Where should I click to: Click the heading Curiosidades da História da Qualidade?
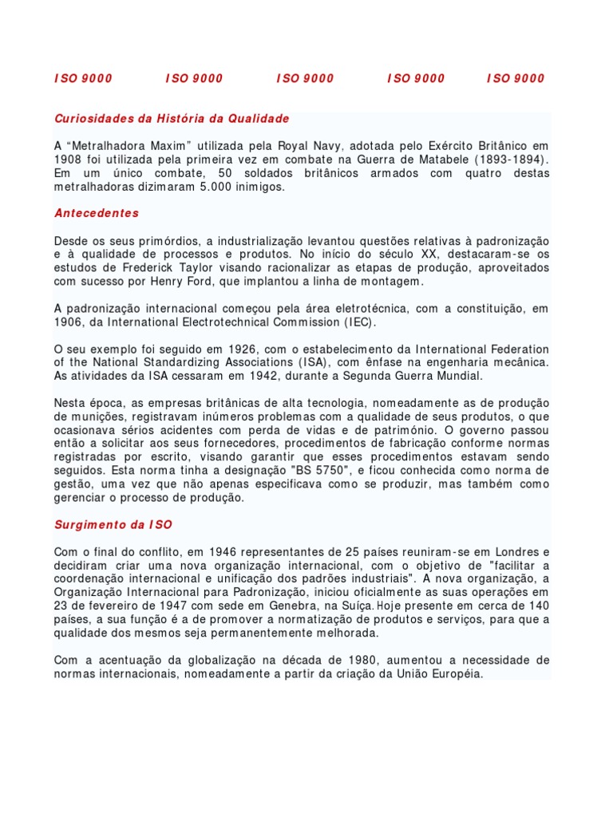pyautogui.click(x=172, y=119)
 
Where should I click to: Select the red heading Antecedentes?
pyautogui.click(x=97, y=213)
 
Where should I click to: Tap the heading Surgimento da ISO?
pyautogui.click(x=113, y=525)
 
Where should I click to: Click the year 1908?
pyautogui.click(x=69, y=160)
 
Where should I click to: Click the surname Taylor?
pyautogui.click(x=217, y=268)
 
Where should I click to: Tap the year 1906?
pyautogui.click(x=69, y=322)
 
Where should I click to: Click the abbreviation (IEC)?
pyautogui.click(x=357, y=322)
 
